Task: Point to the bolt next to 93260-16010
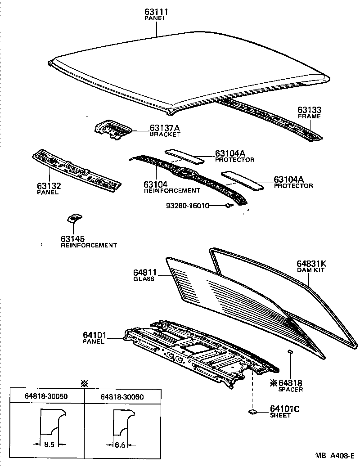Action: (x=228, y=206)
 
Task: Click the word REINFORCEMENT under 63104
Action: (x=172, y=190)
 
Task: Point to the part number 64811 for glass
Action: (x=144, y=272)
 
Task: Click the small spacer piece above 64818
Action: (x=290, y=351)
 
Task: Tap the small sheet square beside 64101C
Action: (x=252, y=412)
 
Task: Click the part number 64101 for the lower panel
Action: (x=94, y=335)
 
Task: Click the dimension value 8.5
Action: (x=50, y=445)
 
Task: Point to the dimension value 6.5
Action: (x=120, y=445)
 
